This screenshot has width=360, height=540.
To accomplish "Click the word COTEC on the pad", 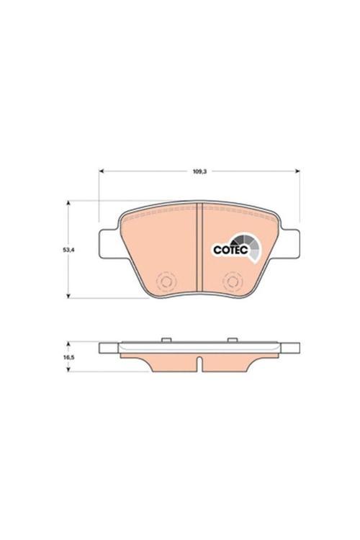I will coord(230,250).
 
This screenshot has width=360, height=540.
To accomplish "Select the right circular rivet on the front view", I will coord(232,282).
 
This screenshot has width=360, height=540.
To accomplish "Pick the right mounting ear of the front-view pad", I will coord(291,241).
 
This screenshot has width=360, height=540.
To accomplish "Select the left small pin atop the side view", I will coord(166,338).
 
